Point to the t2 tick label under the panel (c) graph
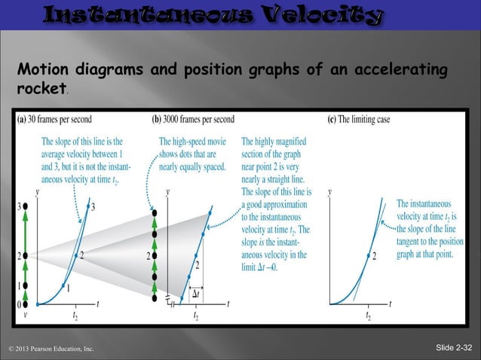[367, 316]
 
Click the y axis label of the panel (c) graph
[329, 193]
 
